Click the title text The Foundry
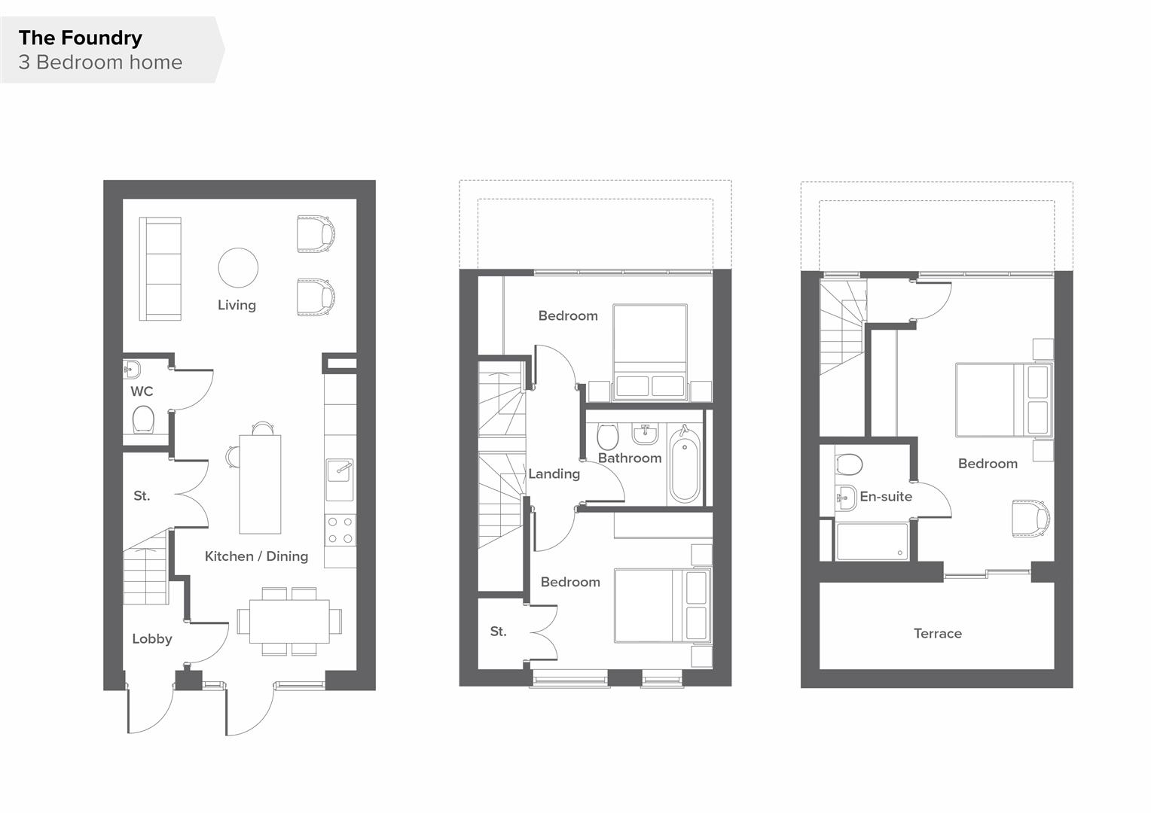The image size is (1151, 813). (x=81, y=38)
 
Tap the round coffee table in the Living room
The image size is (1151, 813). (x=238, y=268)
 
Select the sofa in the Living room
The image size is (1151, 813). (x=160, y=269)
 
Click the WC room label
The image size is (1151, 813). (x=142, y=391)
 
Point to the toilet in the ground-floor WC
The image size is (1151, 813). (x=143, y=420)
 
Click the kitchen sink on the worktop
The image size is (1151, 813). (x=339, y=480)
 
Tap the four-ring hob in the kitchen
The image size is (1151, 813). (x=340, y=529)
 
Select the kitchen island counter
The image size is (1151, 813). (x=260, y=484)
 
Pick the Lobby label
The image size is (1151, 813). (x=152, y=639)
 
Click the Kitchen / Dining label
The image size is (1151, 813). (x=256, y=556)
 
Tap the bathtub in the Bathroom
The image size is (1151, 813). (x=684, y=466)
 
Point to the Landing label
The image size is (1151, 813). (x=554, y=474)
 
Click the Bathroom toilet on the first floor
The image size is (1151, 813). (x=607, y=436)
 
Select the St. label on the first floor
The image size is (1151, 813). (x=498, y=632)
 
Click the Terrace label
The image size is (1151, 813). (x=937, y=634)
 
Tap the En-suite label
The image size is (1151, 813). (x=886, y=497)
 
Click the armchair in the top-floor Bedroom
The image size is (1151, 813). (x=1030, y=519)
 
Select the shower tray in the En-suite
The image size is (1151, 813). (x=872, y=542)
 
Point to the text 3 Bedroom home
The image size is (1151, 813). (x=100, y=62)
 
